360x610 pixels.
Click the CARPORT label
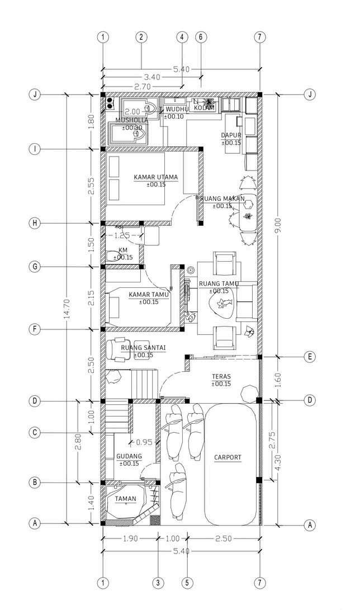pyautogui.click(x=228, y=457)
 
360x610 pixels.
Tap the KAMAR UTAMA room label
pyautogui.click(x=155, y=177)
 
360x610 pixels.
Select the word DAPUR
pyautogui.click(x=230, y=135)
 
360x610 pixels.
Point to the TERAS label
pyautogui.click(x=221, y=377)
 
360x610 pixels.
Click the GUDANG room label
pyautogui.click(x=129, y=456)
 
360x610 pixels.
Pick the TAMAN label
pyautogui.click(x=125, y=499)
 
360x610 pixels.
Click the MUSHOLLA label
pyautogui.click(x=132, y=120)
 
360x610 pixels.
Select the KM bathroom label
pyautogui.click(x=123, y=250)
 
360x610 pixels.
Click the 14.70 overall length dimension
pyautogui.click(x=67, y=309)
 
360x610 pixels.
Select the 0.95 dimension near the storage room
pyautogui.click(x=144, y=442)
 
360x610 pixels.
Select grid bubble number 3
pyautogui.click(x=159, y=583)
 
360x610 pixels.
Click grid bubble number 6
pyautogui.click(x=201, y=37)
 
